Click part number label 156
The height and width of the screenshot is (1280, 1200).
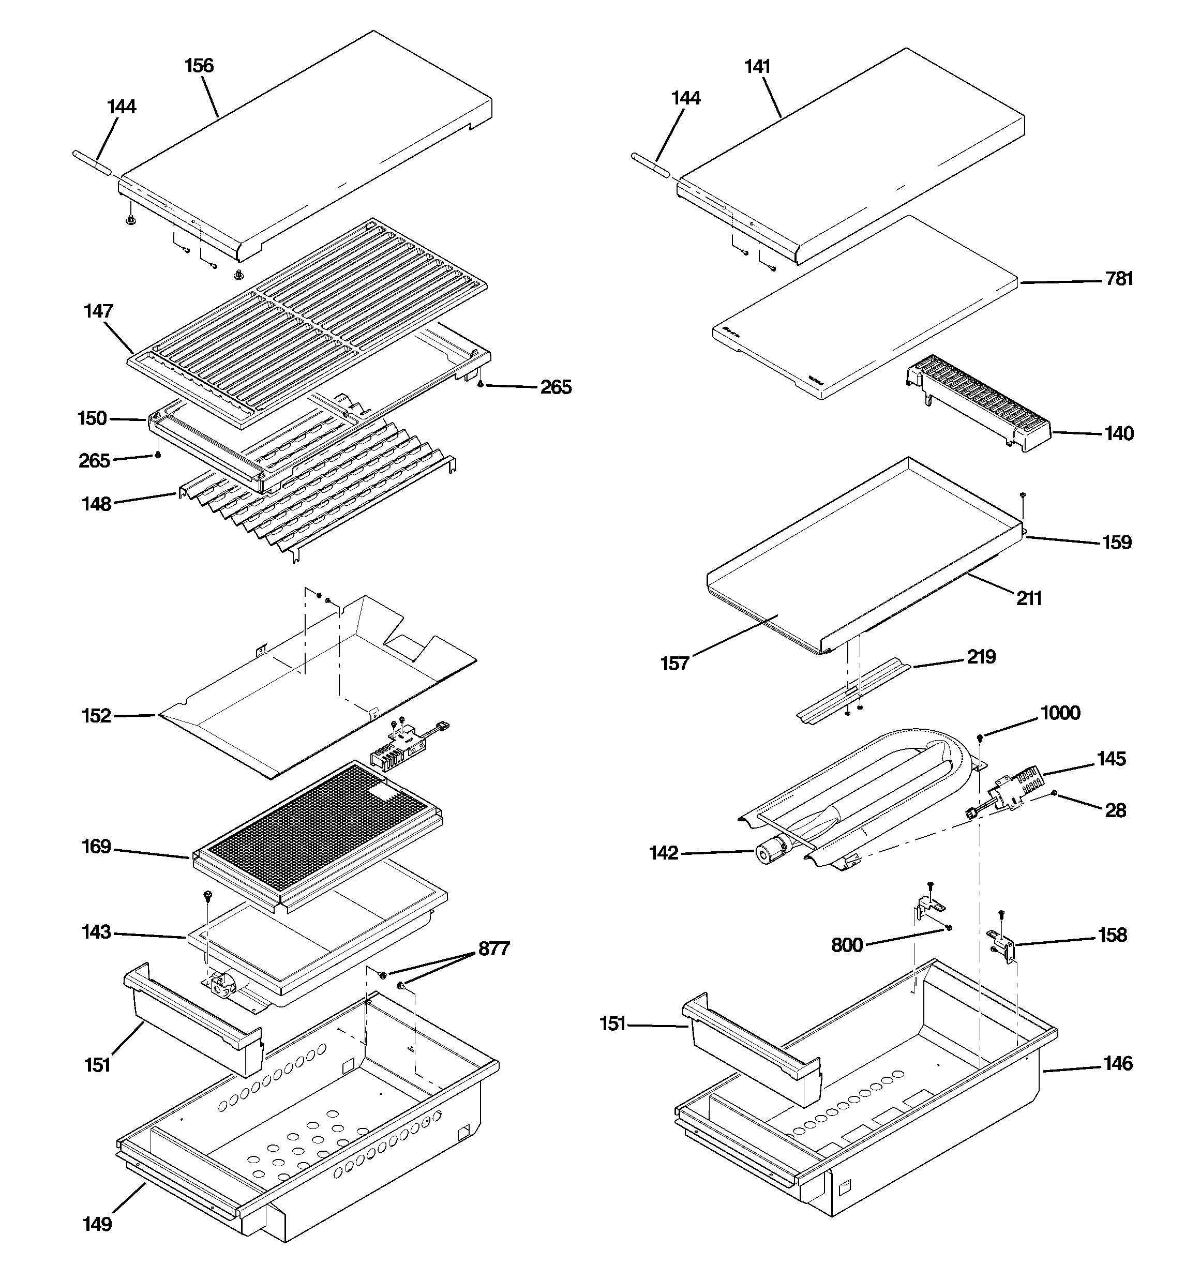tap(199, 66)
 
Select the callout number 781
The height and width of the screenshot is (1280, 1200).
tap(1119, 279)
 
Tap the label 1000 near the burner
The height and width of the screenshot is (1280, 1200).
tap(1060, 713)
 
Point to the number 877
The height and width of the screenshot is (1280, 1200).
tap(493, 948)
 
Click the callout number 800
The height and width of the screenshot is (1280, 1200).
tap(846, 945)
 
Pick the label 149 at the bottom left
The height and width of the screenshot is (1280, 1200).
tap(97, 1224)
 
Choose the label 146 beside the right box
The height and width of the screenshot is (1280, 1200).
tap(1118, 1064)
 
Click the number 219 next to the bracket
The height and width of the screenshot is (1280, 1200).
tap(980, 657)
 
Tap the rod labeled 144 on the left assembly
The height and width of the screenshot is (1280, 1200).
tap(94, 160)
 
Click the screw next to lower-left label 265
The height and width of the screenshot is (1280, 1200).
tap(158, 455)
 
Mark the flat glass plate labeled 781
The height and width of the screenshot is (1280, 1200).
tap(863, 309)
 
